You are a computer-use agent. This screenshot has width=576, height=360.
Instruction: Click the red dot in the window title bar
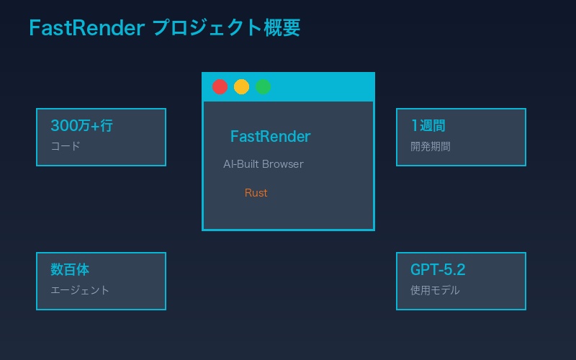tap(220, 86)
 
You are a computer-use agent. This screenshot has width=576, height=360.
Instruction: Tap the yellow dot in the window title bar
tap(241, 86)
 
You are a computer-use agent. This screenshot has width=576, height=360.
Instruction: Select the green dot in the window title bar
tap(263, 86)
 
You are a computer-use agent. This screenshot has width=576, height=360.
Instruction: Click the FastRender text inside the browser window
tap(270, 136)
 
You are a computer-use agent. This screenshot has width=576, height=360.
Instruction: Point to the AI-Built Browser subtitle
tap(263, 164)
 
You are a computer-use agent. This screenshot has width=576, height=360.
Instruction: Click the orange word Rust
tap(256, 193)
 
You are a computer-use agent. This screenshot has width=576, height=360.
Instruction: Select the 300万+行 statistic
tap(81, 126)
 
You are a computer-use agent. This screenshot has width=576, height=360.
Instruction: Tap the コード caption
tap(66, 146)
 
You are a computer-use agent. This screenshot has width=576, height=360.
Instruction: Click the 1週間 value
tap(428, 126)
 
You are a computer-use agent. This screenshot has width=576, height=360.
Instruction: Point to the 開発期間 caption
tap(431, 146)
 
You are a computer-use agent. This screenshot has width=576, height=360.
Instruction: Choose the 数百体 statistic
tap(70, 270)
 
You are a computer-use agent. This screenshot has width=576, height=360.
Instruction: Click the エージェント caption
tap(80, 290)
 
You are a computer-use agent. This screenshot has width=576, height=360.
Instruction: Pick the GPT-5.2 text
tap(438, 270)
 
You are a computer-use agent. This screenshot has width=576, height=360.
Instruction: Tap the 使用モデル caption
tap(435, 290)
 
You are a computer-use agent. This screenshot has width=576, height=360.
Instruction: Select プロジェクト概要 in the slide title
tap(226, 28)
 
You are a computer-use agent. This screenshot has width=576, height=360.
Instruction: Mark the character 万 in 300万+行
tap(84, 126)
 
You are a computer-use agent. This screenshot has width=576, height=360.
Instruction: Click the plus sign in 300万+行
tap(95, 127)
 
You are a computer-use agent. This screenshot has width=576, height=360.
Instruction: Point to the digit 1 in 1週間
tap(414, 126)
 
